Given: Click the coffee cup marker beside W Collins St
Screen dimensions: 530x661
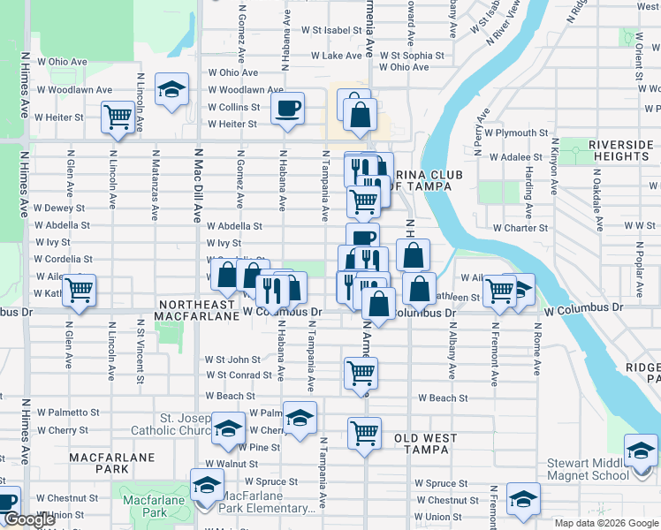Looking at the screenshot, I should click(287, 108).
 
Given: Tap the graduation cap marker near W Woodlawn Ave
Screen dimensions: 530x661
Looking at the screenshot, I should click(171, 88).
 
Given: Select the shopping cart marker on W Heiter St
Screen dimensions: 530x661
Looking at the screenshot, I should click(118, 117).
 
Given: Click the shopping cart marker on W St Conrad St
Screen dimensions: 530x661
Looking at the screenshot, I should click(361, 373).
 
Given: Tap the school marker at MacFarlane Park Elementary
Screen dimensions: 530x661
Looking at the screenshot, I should click(208, 485).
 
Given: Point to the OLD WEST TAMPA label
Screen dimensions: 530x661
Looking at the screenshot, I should click(426, 444).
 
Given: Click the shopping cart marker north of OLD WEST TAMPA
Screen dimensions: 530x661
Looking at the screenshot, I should click(364, 433).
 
